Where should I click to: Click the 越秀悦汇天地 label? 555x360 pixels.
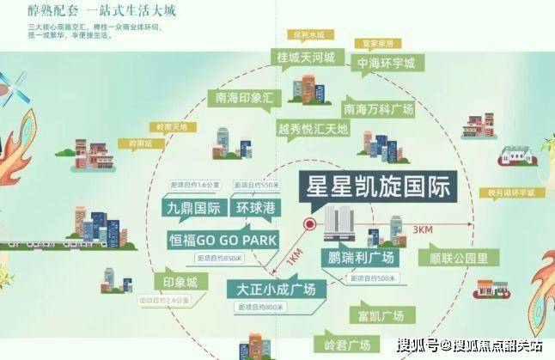(x=313, y=128)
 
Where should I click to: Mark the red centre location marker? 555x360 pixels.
(x=308, y=226)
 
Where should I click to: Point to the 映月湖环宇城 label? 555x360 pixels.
(x=494, y=192)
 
